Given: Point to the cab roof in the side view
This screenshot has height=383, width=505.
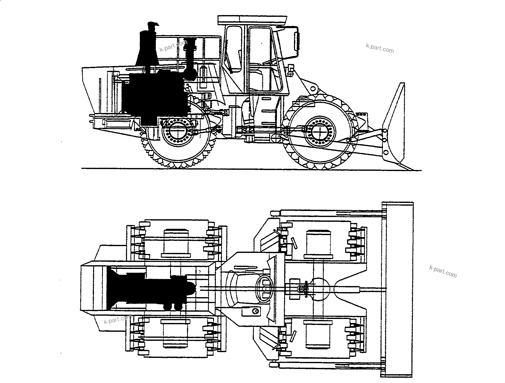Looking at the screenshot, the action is coord(252,20).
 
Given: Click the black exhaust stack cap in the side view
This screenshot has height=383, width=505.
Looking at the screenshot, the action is coord(154,24).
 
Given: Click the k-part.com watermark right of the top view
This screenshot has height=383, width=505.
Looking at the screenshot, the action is coord(443,271).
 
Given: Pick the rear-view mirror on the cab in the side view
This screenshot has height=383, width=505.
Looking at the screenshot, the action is coord(297,42).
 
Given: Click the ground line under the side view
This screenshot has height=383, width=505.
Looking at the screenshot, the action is coord(251,169).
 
